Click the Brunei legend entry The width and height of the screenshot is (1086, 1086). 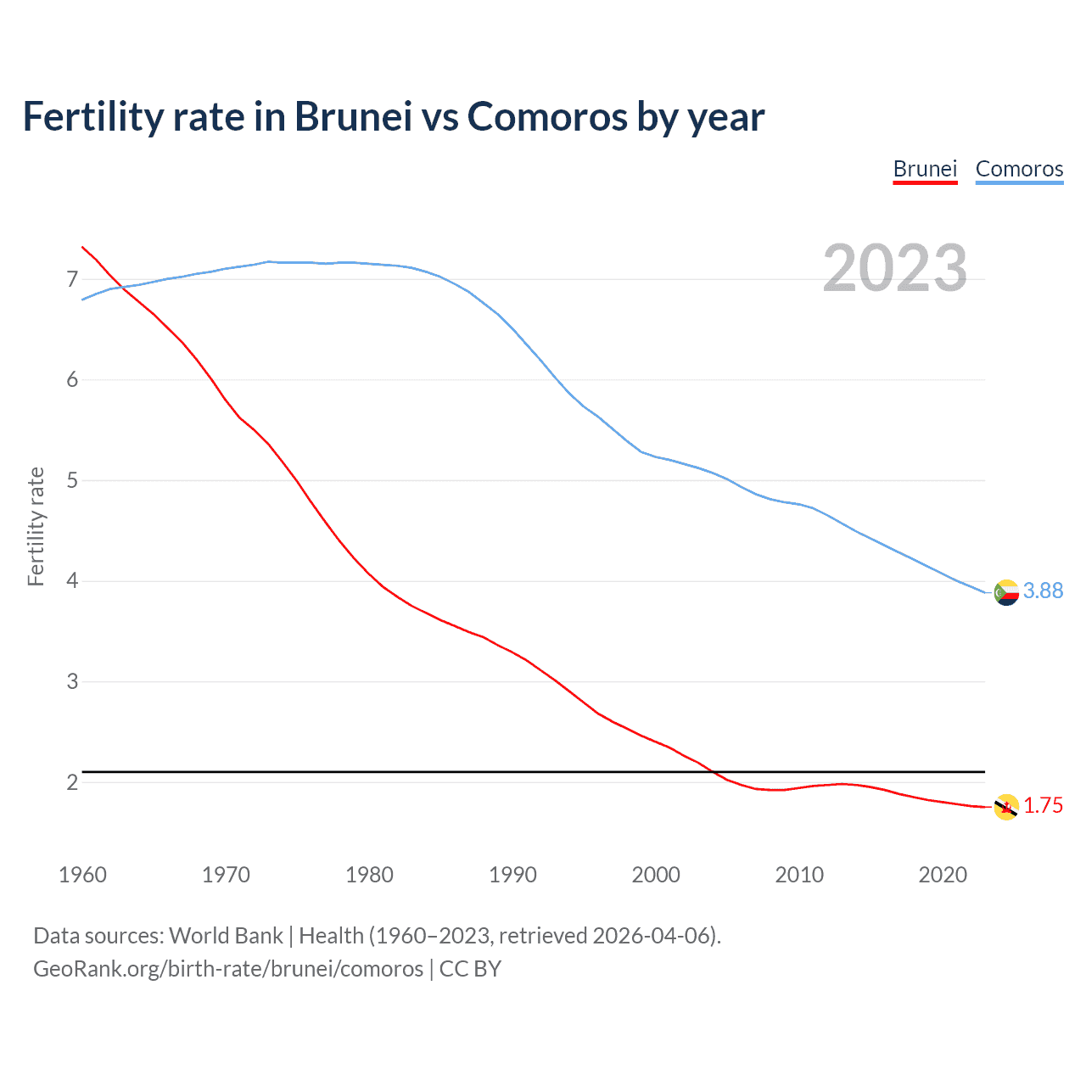[x=925, y=169]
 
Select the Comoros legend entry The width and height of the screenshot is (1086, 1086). [x=1019, y=169]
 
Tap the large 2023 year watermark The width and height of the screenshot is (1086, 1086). [x=894, y=268]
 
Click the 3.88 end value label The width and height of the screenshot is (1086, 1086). [x=1043, y=591]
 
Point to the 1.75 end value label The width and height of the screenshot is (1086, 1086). [x=1043, y=805]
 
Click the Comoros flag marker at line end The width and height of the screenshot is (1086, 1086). [x=1006, y=592]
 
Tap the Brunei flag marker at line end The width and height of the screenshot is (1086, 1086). [x=1006, y=807]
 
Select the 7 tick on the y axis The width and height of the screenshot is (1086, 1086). [x=72, y=279]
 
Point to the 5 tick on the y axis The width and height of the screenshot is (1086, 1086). [x=72, y=480]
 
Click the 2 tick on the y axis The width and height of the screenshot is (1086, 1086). [x=72, y=782]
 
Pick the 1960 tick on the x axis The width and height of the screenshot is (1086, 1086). [x=82, y=875]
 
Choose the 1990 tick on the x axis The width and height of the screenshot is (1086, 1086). [x=512, y=875]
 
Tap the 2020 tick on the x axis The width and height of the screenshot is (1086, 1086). [x=943, y=875]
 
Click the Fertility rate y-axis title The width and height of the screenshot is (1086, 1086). [x=36, y=526]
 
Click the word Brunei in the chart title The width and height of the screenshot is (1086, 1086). [x=354, y=116]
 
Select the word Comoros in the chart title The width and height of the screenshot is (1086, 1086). [x=547, y=116]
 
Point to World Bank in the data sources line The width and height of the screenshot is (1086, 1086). [x=226, y=935]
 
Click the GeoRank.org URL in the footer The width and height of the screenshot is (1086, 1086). [x=227, y=968]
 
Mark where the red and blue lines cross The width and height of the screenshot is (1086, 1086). [x=121, y=288]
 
